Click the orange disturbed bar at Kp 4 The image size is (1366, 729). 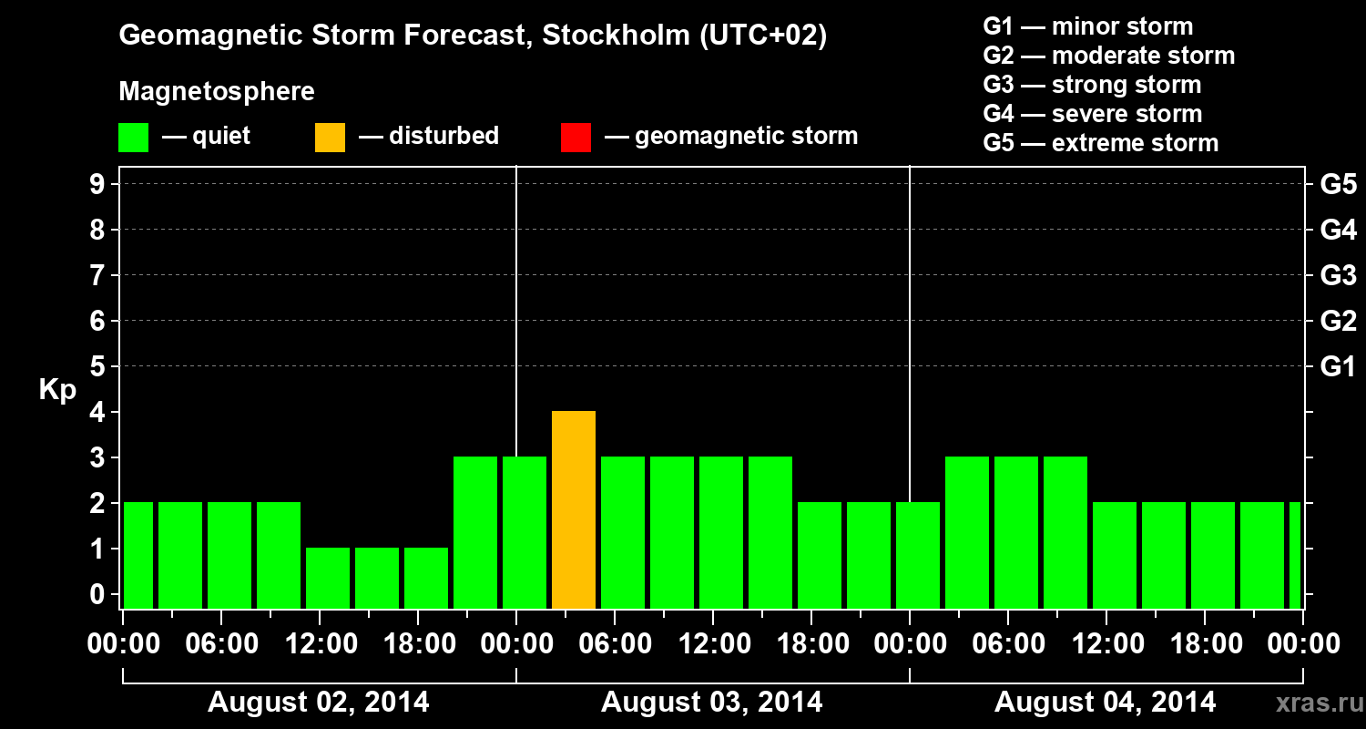click(574, 509)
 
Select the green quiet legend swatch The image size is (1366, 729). click(133, 137)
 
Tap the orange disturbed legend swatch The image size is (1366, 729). click(330, 137)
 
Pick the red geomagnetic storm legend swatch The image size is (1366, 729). click(576, 137)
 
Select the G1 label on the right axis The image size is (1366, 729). click(1338, 367)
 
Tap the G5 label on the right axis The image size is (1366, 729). click(1338, 185)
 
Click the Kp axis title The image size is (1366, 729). click(57, 390)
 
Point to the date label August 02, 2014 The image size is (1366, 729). click(319, 703)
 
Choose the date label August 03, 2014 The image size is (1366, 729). click(712, 703)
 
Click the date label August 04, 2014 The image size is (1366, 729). click(1105, 703)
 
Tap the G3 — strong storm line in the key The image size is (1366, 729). click(1092, 85)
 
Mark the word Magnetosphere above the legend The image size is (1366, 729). click(217, 92)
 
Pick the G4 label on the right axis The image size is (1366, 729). click(1338, 231)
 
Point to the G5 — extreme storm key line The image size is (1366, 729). click(1100, 143)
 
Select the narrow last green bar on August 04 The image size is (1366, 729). click(1295, 555)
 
